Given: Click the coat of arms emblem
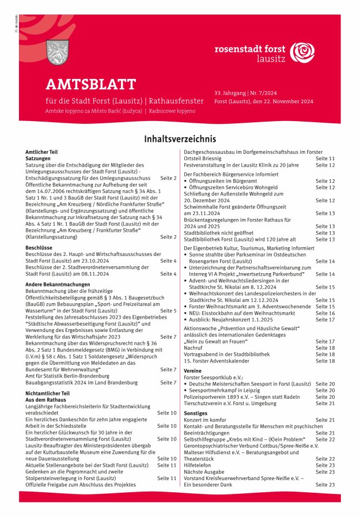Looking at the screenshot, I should click(x=56, y=52).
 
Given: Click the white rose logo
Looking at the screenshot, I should click(x=302, y=51).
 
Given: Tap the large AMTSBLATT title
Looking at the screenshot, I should click(x=90, y=85).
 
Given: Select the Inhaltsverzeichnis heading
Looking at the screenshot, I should click(x=180, y=139).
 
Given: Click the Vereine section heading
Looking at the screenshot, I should click(x=192, y=371).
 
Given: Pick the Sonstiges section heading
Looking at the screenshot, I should click(x=195, y=413).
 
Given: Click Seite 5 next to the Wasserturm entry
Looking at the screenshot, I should click(x=168, y=311).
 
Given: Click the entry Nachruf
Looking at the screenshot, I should click(x=194, y=348).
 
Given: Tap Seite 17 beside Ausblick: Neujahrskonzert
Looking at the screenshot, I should click(x=325, y=319).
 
